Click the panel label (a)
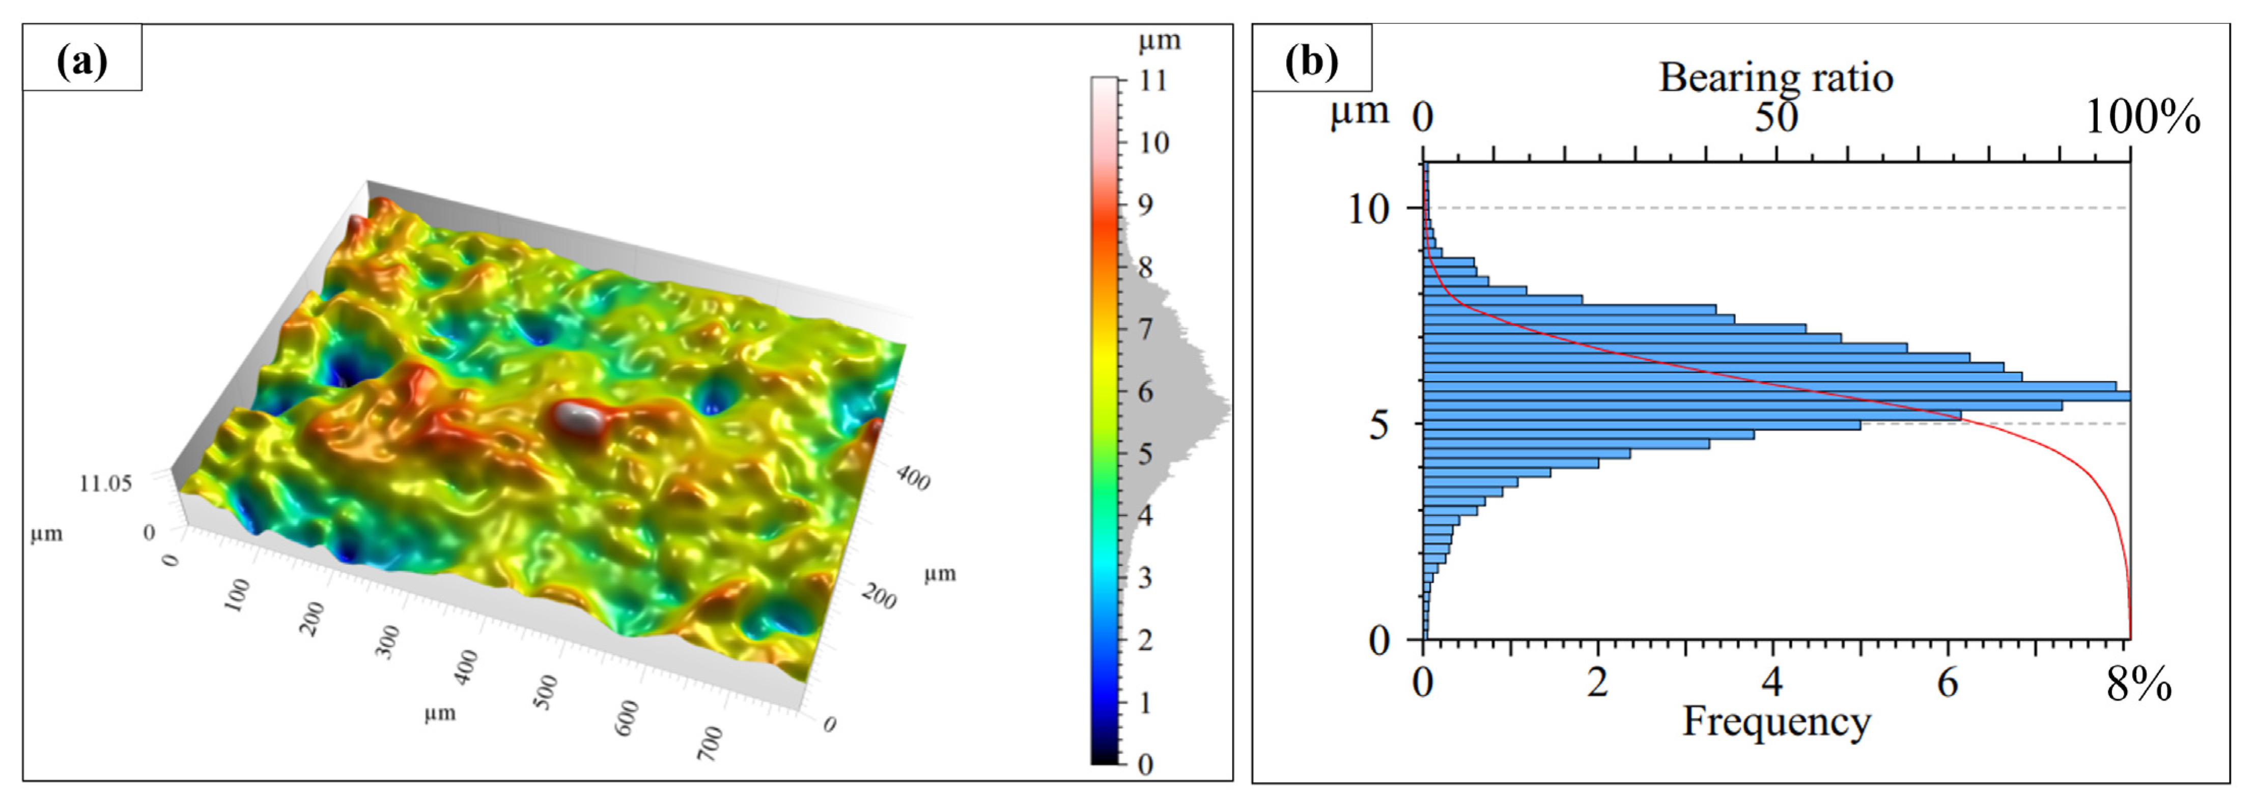tap(81, 61)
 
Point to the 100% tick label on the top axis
tap(2142, 117)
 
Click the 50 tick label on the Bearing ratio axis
tap(1775, 117)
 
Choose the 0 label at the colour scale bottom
tap(1145, 765)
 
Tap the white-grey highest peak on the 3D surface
tap(578, 418)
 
